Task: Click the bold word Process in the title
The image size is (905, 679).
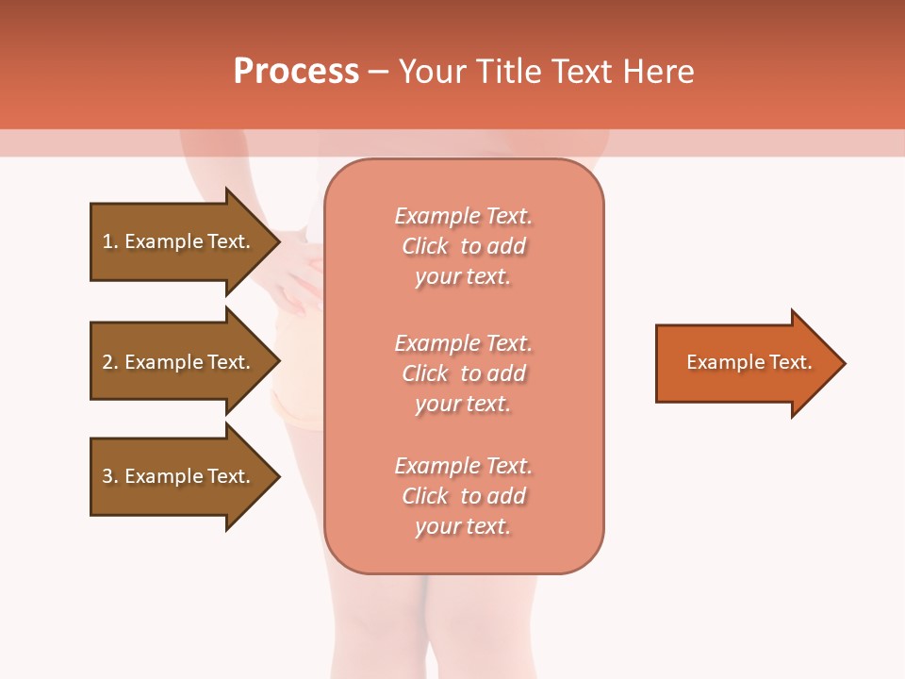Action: (x=296, y=72)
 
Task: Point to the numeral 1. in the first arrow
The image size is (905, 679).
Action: (x=110, y=241)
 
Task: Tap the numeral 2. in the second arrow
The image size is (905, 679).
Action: (x=110, y=362)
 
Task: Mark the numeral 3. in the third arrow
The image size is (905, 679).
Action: (x=110, y=476)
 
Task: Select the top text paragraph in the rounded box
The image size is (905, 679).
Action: (x=463, y=246)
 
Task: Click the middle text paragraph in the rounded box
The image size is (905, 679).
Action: (x=463, y=373)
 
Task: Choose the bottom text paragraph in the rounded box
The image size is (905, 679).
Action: (x=463, y=496)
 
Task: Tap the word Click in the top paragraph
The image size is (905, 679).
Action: (x=424, y=246)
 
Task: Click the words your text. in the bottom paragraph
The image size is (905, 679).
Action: (x=463, y=526)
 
